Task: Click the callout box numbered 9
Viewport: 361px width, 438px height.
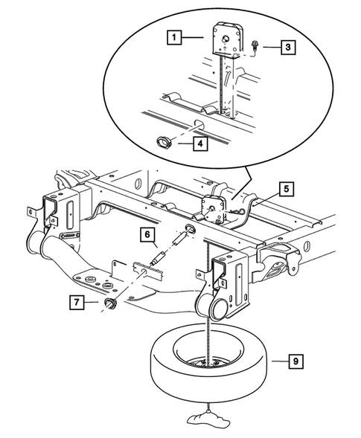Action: (295, 362)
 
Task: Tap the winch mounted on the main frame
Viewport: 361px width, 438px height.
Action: (212, 207)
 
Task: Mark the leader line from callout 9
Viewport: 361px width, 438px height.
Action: (276, 362)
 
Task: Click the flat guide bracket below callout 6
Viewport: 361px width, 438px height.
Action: (149, 268)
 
